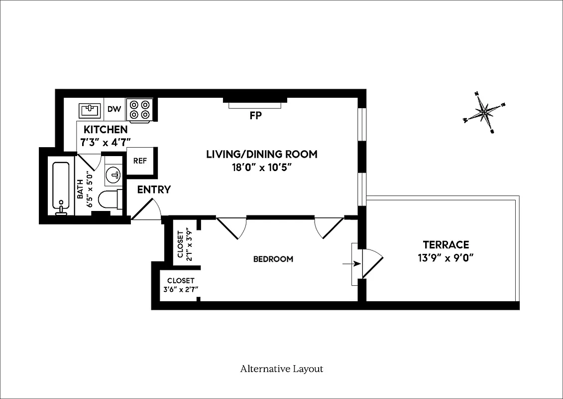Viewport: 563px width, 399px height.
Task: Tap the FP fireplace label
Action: click(x=255, y=116)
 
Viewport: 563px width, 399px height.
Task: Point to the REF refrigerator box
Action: click(x=140, y=161)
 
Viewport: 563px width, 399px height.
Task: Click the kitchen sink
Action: click(x=91, y=109)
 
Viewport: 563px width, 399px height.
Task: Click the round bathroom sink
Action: click(x=113, y=175)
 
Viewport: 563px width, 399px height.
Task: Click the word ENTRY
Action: click(x=154, y=190)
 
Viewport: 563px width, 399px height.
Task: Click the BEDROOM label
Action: click(x=273, y=259)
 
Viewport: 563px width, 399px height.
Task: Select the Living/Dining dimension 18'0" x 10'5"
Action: click(x=261, y=168)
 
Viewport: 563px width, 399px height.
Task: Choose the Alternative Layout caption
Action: click(x=281, y=369)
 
